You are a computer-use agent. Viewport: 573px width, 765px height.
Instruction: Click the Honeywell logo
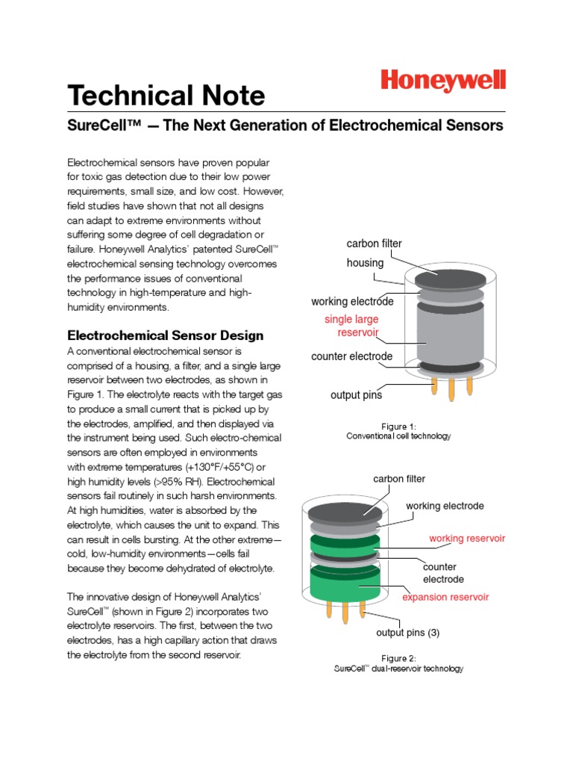click(x=443, y=81)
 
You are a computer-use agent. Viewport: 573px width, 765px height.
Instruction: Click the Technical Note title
click(x=166, y=96)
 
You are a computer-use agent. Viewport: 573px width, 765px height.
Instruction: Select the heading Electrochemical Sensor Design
click(x=166, y=335)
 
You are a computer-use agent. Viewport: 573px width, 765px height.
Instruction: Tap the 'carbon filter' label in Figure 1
click(x=374, y=244)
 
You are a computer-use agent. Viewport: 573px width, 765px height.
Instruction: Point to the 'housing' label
click(x=365, y=263)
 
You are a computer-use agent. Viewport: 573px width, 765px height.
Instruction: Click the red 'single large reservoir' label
click(x=351, y=326)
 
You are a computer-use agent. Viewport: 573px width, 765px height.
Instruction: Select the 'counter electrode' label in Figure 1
click(x=351, y=356)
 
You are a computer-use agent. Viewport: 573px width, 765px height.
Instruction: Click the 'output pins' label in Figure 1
click(x=356, y=395)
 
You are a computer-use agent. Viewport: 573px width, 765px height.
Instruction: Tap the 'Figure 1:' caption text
click(x=398, y=427)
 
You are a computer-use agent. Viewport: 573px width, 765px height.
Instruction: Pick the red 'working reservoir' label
click(x=467, y=538)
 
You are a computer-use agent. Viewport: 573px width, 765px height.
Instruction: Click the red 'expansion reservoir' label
click(x=445, y=597)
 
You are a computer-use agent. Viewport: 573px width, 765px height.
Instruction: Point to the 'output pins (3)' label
click(x=407, y=633)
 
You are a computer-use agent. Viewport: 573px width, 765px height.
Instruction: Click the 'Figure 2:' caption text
click(x=398, y=658)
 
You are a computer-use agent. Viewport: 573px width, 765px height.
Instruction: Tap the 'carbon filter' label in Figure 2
click(x=399, y=478)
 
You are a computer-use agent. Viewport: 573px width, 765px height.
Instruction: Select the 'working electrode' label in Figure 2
click(x=445, y=506)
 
